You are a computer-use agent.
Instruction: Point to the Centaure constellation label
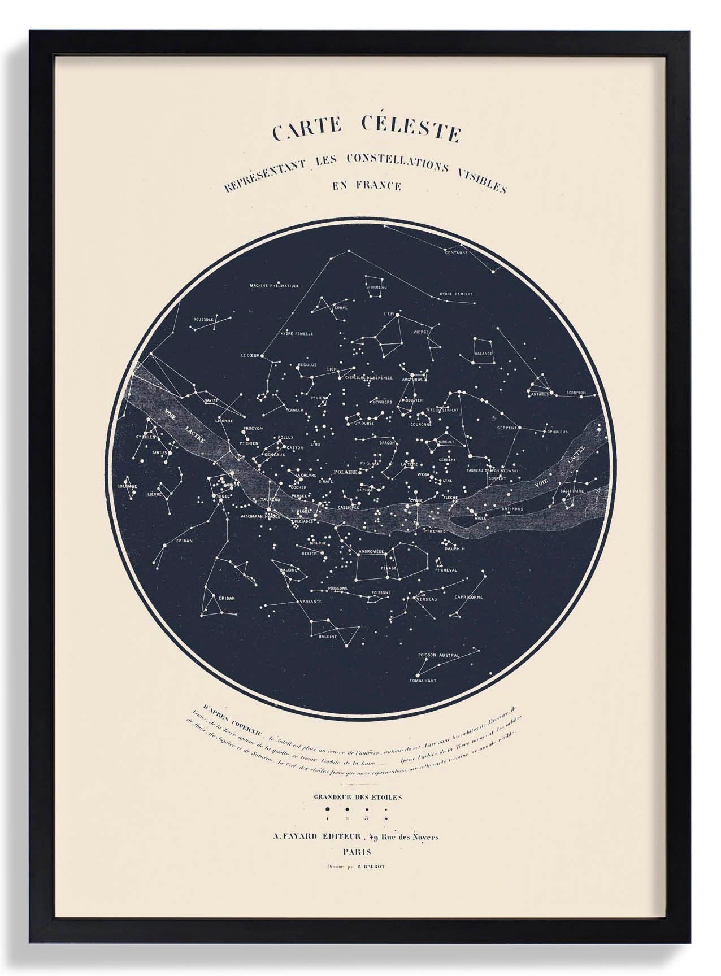click(457, 252)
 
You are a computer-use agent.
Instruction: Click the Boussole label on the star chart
click(202, 319)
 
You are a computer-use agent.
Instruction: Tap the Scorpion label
click(576, 392)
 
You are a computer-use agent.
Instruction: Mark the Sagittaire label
click(571, 491)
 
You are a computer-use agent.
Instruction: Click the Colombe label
click(127, 486)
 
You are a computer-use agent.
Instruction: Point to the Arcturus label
click(412, 380)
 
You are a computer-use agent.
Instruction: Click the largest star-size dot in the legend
click(327, 809)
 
